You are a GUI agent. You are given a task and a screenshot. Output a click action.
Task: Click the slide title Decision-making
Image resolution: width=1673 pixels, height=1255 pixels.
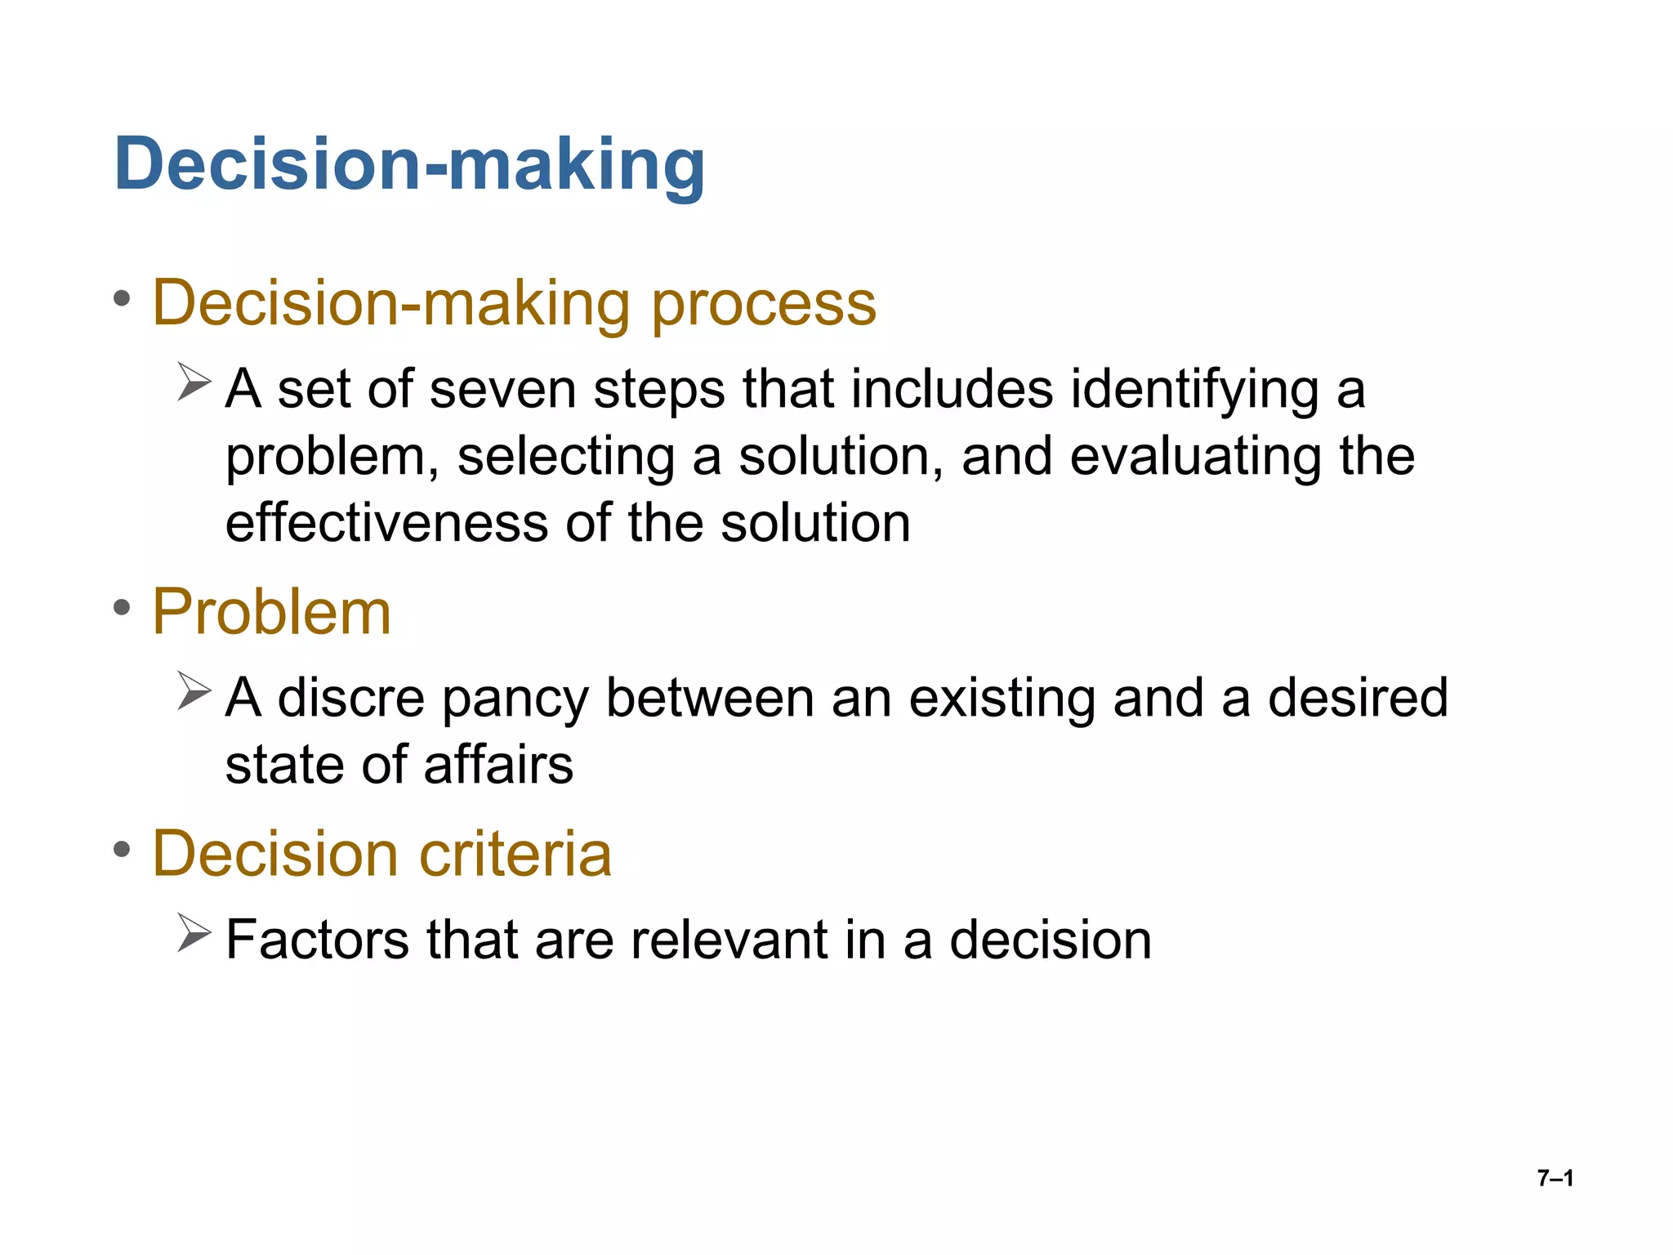click(x=409, y=165)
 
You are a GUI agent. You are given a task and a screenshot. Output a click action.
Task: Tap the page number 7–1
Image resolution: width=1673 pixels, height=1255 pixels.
click(x=1555, y=1178)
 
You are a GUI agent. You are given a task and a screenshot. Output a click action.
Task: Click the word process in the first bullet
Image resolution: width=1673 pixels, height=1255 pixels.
click(x=763, y=304)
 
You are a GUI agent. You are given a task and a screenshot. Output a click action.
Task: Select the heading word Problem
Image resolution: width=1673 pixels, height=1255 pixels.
click(x=272, y=612)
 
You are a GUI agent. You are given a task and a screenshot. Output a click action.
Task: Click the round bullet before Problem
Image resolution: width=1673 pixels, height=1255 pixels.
click(x=123, y=608)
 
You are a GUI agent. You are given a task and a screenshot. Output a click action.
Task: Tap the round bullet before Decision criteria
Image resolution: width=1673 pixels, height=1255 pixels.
click(x=123, y=850)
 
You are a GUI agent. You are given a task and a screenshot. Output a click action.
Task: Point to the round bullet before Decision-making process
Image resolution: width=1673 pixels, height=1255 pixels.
click(x=123, y=299)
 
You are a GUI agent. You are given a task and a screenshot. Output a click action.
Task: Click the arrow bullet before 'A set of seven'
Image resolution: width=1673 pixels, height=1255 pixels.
click(x=194, y=383)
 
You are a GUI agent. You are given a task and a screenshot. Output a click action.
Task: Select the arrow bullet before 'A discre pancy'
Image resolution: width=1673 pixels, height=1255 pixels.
click(x=194, y=692)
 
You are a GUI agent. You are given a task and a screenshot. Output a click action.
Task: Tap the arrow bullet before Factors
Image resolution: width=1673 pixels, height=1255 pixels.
click(x=194, y=934)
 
